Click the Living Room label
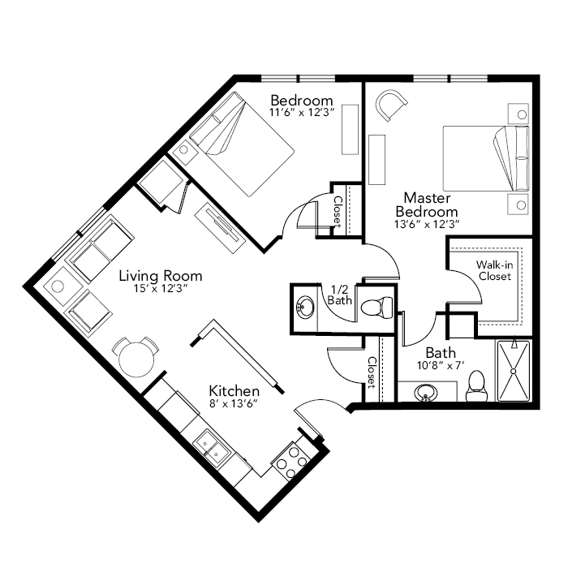(161, 276)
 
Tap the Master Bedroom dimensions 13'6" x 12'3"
(427, 225)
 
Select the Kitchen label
(234, 391)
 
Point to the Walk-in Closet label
(494, 270)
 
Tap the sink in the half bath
(306, 308)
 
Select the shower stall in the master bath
(514, 371)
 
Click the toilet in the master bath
(476, 386)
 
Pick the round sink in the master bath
(427, 393)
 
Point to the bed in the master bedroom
(485, 158)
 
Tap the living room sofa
(100, 248)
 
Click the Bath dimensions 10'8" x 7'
(441, 365)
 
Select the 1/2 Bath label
(340, 295)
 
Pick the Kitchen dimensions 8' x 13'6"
(234, 403)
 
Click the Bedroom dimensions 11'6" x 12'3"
(301, 112)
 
